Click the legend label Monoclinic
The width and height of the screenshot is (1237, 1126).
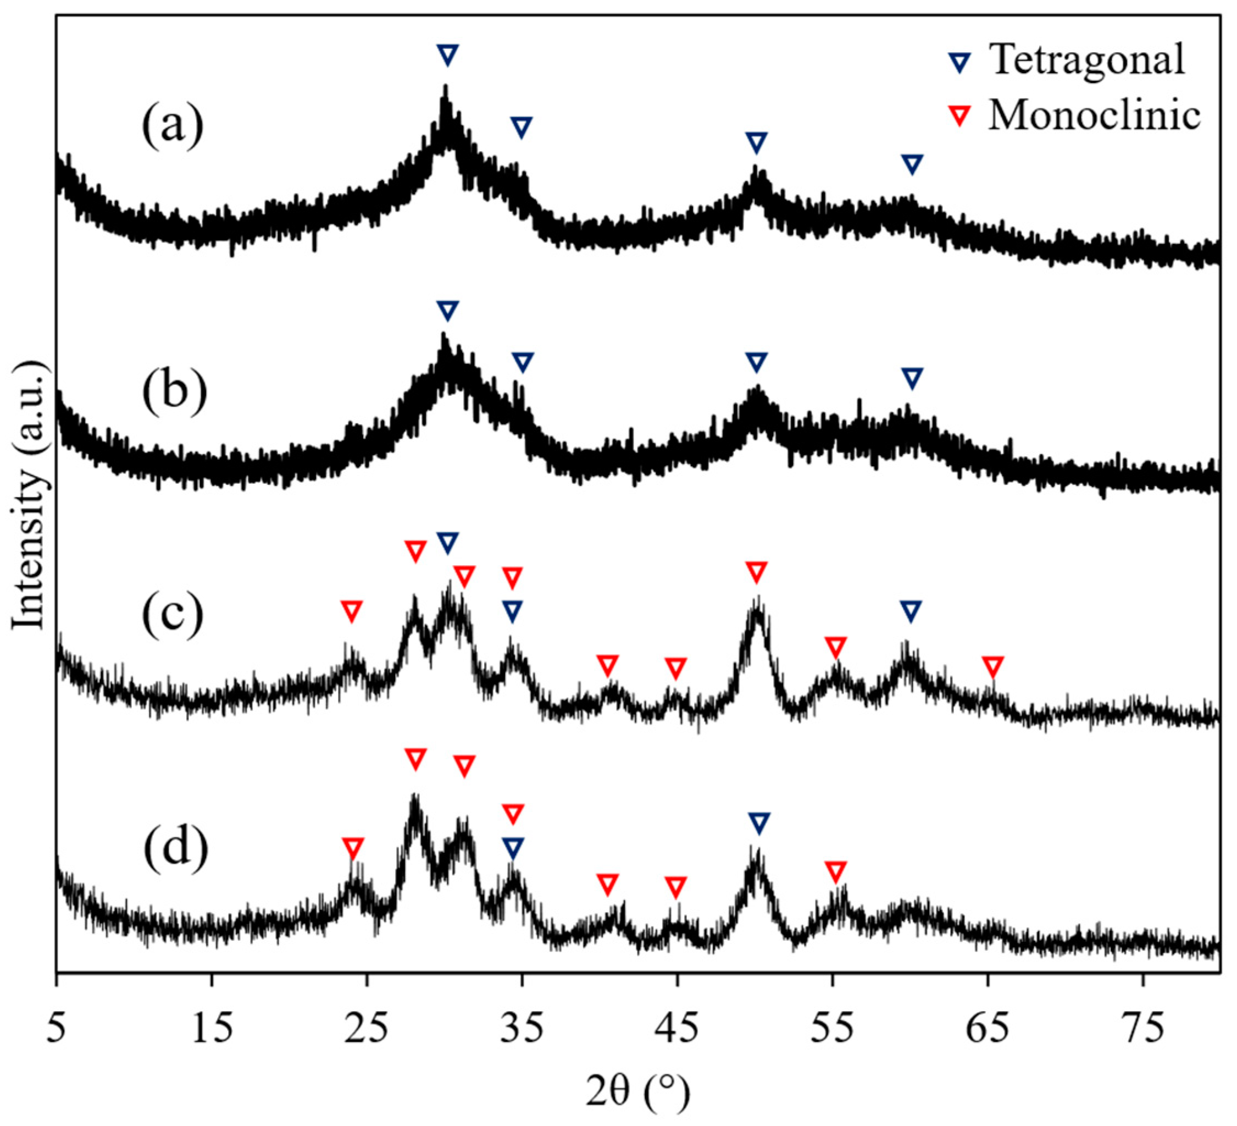pos(1094,115)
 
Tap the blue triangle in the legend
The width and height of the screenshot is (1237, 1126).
pos(960,62)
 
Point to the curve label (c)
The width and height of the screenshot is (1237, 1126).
pos(173,614)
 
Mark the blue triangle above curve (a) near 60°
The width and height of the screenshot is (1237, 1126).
pos(912,164)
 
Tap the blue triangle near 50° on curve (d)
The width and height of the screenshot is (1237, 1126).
pos(759,823)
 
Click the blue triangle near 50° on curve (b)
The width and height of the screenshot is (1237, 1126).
pos(756,362)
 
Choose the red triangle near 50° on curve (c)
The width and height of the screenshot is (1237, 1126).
pos(757,572)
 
